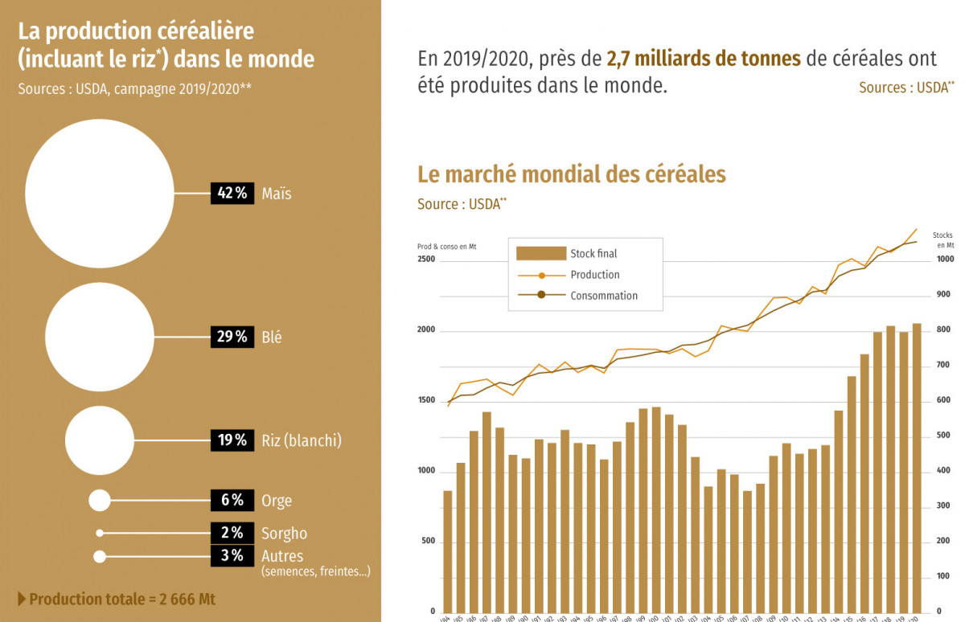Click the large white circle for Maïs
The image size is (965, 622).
(x=99, y=194)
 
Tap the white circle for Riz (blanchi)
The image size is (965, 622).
(x=100, y=440)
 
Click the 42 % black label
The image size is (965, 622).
(x=232, y=194)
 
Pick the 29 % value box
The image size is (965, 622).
(x=232, y=338)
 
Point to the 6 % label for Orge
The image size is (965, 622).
(x=232, y=501)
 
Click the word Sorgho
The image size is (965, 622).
(x=284, y=534)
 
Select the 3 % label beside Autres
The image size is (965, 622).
(x=232, y=556)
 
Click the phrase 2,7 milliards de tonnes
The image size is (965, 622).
(x=704, y=59)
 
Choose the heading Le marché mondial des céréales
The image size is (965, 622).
(x=571, y=174)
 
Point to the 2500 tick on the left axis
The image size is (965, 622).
(x=426, y=260)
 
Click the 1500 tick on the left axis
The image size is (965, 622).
(x=426, y=401)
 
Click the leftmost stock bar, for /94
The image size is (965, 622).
(x=448, y=551)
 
